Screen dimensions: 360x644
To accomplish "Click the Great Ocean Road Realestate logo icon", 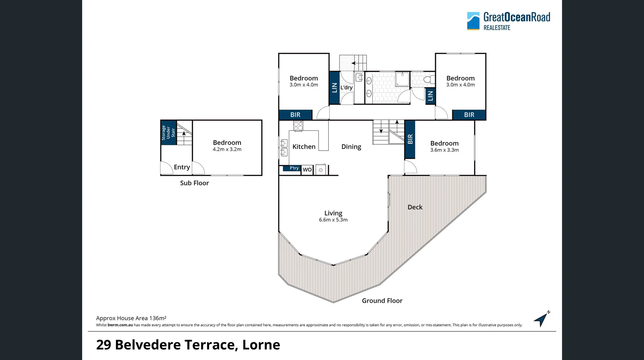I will [x=473, y=21].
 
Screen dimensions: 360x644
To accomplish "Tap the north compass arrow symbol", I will [x=541, y=319].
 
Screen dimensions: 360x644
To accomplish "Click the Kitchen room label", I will [x=304, y=147].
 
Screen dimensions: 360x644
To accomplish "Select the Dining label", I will [x=351, y=147].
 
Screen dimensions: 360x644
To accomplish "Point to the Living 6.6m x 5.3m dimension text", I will [x=333, y=220].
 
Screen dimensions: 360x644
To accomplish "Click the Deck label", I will [x=415, y=207].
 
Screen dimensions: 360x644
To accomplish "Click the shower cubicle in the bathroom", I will [x=402, y=79].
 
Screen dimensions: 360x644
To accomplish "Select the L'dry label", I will [x=346, y=88].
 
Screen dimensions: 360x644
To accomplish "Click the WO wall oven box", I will [x=307, y=170].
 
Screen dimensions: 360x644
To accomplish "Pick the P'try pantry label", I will [x=294, y=168].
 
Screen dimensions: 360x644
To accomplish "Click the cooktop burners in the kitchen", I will [x=298, y=126].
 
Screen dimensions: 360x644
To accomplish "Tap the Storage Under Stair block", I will [x=168, y=133].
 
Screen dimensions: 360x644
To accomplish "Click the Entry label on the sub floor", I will [x=182, y=167].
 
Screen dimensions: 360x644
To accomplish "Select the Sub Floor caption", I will [x=194, y=183].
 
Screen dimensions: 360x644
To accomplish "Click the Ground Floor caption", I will [x=382, y=301].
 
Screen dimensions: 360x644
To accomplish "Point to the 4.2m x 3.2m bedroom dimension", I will [x=227, y=149].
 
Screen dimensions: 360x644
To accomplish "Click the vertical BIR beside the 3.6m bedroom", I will [x=410, y=139].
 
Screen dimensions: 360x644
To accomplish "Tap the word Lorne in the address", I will [x=261, y=345].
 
